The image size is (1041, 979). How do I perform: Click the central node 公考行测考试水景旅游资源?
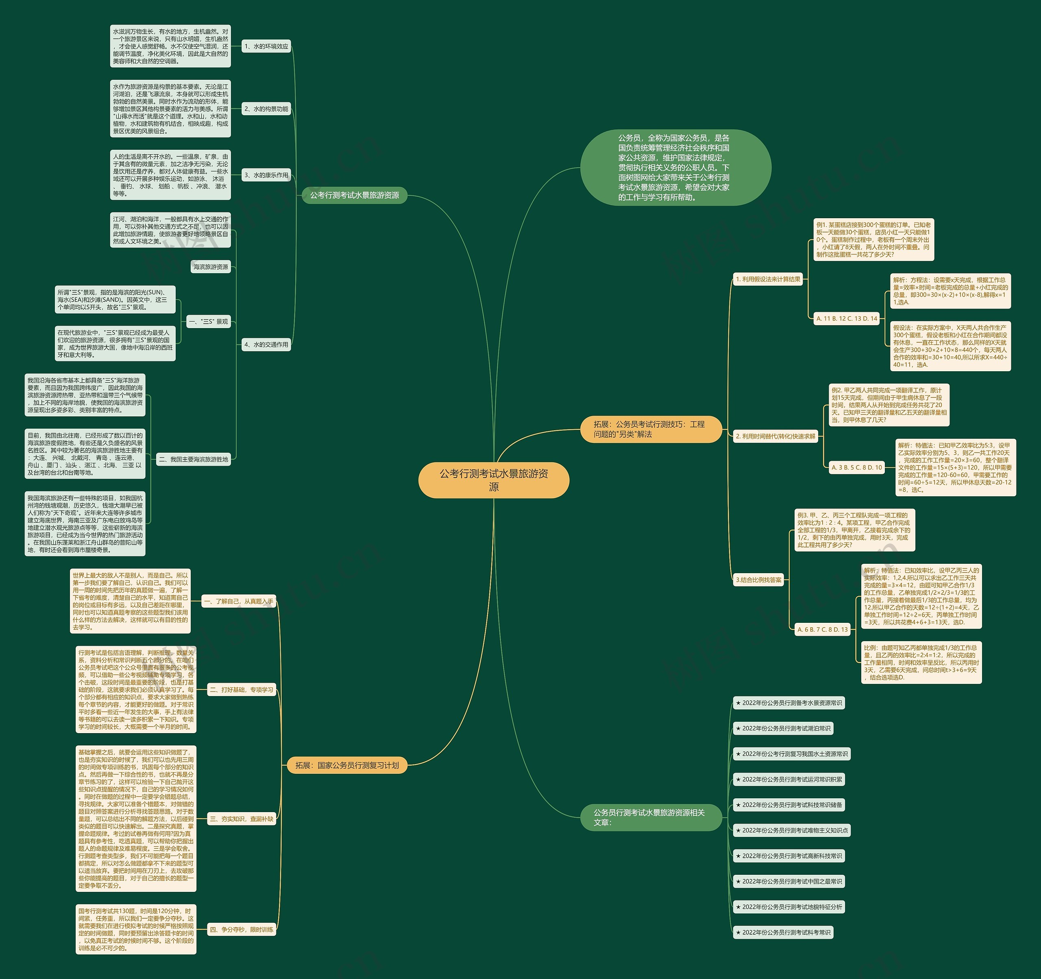tap(493, 480)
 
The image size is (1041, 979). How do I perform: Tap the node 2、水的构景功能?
tap(266, 109)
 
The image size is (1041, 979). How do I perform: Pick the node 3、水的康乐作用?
tap(266, 175)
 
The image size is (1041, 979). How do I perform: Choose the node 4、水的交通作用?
tap(266, 344)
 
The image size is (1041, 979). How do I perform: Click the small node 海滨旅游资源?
tap(211, 267)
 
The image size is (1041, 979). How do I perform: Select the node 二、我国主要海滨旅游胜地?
tap(194, 459)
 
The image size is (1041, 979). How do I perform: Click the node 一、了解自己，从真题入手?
tap(238, 601)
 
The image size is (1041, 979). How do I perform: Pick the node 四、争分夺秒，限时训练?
tap(242, 929)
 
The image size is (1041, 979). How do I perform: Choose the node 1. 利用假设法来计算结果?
tap(768, 279)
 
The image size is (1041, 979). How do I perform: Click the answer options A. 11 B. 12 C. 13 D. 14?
tap(846, 318)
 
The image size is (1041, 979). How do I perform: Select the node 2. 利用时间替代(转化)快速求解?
tap(775, 436)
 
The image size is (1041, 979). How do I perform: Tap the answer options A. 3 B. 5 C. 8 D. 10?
tap(857, 467)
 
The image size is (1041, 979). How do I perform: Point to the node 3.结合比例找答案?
tap(758, 580)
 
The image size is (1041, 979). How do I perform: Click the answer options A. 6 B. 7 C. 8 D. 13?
tap(822, 629)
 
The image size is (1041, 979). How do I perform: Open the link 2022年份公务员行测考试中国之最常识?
tap(788, 881)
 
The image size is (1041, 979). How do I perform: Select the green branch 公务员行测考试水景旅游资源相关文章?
tap(650, 817)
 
